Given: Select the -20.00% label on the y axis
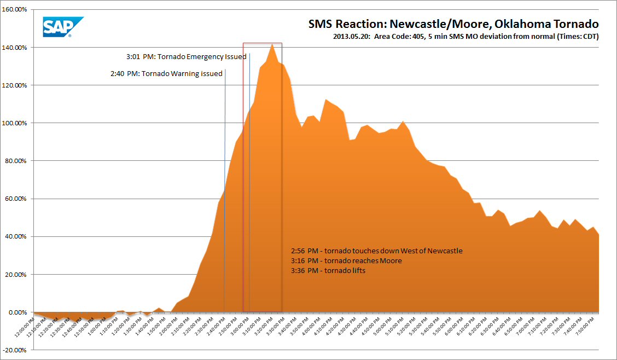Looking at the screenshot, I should (17, 350).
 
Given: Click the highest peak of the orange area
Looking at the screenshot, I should (272, 44).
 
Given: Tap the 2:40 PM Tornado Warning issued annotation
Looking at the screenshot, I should (166, 73).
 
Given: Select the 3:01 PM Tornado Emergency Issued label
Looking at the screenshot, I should (186, 56).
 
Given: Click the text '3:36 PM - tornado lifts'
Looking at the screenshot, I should (328, 271).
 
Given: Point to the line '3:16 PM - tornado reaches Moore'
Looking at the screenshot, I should (346, 261).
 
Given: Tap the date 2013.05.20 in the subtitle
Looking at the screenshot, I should (352, 37).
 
